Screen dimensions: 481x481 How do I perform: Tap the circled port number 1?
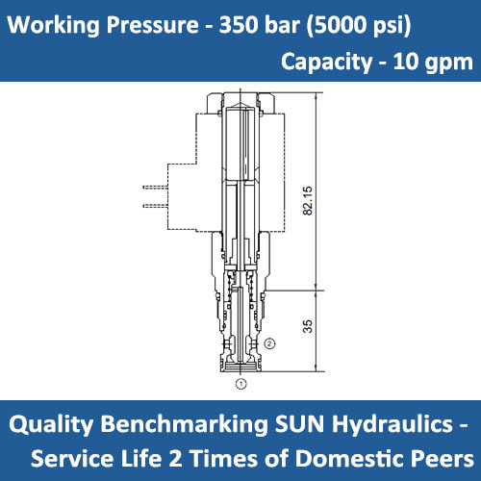[x=240, y=382]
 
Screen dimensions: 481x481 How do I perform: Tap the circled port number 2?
[x=271, y=342]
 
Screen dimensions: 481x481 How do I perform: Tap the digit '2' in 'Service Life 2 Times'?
[x=204, y=455]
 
